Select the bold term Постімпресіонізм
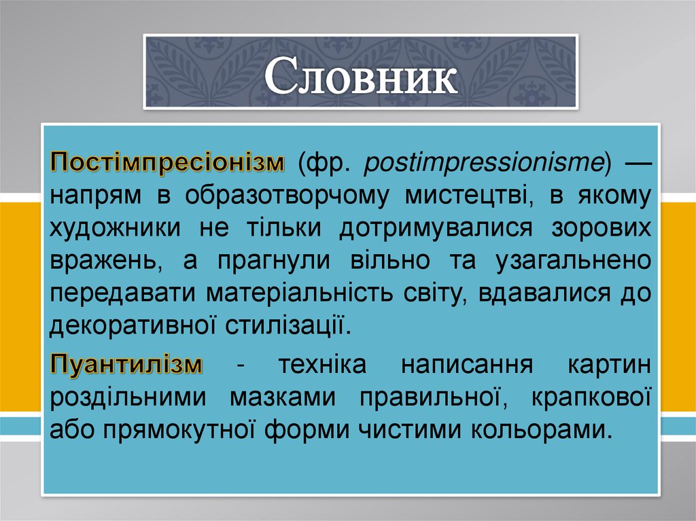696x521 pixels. click(167, 163)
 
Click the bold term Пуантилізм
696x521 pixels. click(126, 364)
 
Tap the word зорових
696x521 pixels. click(602, 228)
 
